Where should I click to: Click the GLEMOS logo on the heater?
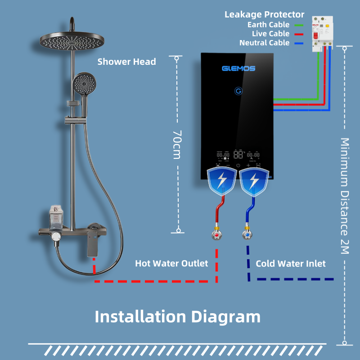[238, 68]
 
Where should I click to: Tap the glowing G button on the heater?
[238, 91]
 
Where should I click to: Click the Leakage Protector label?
[265, 15]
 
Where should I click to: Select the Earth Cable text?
[269, 25]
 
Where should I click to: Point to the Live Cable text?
[271, 34]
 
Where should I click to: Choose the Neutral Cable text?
[265, 43]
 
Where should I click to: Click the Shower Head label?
[126, 62]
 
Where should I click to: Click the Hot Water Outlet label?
[171, 263]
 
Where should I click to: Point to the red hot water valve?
[217, 235]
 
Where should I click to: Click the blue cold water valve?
[247, 235]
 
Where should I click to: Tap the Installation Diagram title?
[177, 316]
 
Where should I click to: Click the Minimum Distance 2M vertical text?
[345, 196]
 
